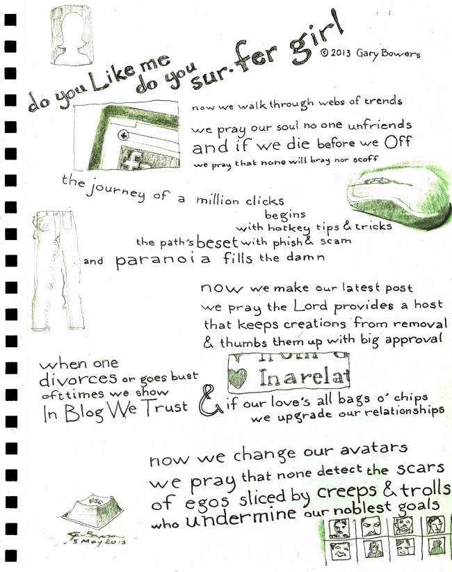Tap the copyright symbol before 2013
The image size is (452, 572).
click(325, 53)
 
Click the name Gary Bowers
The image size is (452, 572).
click(388, 54)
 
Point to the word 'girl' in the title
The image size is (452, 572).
click(316, 40)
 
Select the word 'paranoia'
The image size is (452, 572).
click(163, 260)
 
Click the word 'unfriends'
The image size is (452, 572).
click(379, 125)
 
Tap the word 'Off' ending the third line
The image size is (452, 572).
click(398, 142)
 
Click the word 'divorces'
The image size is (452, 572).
click(78, 379)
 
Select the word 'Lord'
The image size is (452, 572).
click(311, 305)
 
